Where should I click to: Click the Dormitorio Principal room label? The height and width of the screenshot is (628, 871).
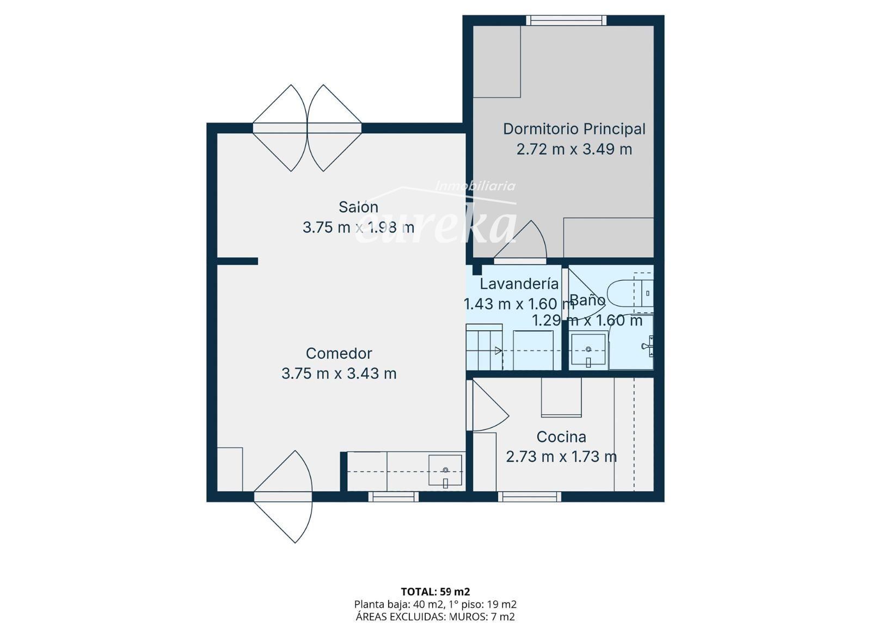pos(574,129)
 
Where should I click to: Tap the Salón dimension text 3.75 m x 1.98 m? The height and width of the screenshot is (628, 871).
pos(358,227)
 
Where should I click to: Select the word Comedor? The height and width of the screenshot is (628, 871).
pos(339,353)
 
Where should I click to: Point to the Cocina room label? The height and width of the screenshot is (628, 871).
pos(561,437)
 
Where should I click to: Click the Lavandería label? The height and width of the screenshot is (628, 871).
pos(519,284)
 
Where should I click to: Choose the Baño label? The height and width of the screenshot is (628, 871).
pos(587,300)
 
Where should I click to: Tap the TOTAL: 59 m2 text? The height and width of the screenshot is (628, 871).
pos(436,592)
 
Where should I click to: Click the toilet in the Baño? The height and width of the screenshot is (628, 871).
pos(630,293)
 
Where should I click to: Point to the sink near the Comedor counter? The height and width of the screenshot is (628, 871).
pos(446,471)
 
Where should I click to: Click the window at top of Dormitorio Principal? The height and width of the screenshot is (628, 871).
pos(566,20)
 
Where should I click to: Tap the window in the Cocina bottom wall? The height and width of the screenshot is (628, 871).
pos(529,497)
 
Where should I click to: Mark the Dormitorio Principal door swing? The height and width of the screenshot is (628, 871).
pos(520,241)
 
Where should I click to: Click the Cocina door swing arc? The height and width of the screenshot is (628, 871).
pos(490,406)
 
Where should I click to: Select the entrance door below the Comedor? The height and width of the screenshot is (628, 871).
pos(283,497)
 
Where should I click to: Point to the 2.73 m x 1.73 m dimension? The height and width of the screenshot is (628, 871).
pos(561,457)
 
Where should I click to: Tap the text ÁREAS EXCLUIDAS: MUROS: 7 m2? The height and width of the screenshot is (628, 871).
pos(435,617)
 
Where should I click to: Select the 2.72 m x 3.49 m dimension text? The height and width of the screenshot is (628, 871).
pos(574,149)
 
